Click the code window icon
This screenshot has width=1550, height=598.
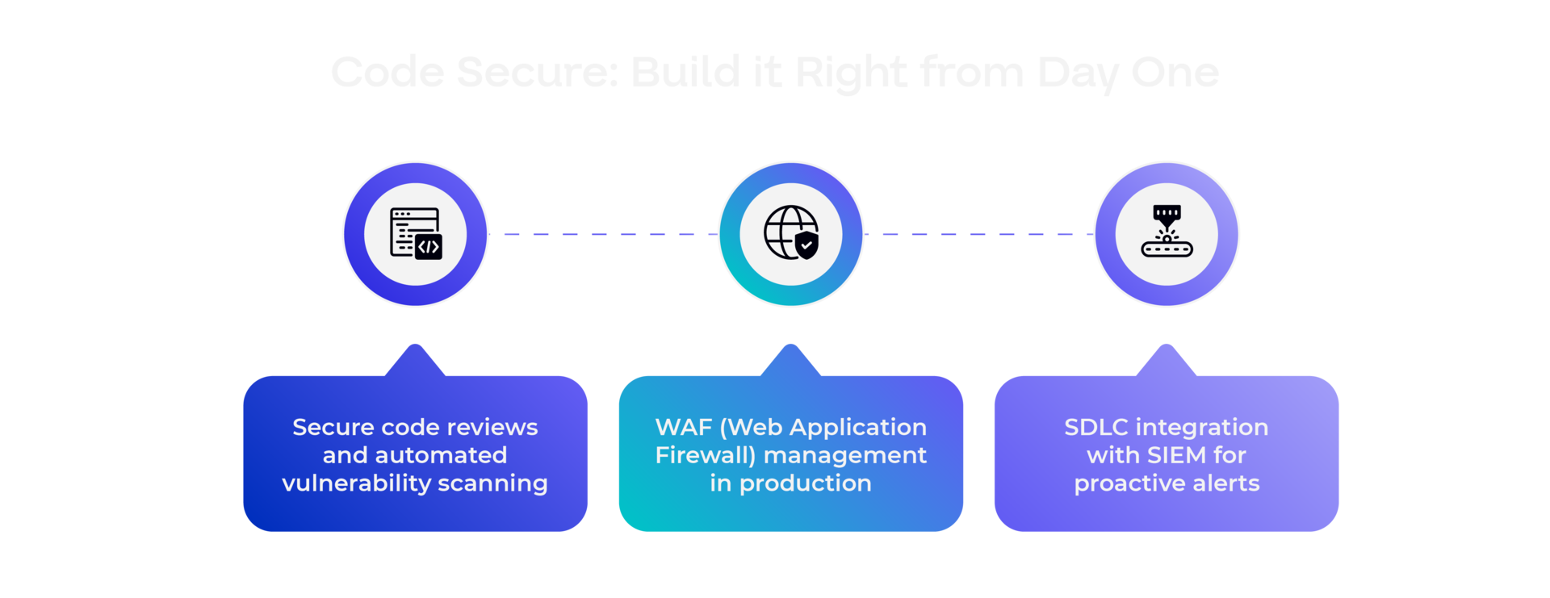pyautogui.click(x=415, y=234)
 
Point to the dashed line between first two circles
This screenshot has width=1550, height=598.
pyautogui.click(x=603, y=235)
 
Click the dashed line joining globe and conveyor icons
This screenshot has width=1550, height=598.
pyautogui.click(x=978, y=235)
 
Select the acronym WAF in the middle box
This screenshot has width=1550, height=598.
pyautogui.click(x=683, y=427)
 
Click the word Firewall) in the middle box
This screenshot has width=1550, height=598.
pyautogui.click(x=705, y=455)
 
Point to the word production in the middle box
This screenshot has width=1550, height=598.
pyautogui.click(x=805, y=483)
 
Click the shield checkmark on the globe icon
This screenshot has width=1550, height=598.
pyautogui.click(x=806, y=245)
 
